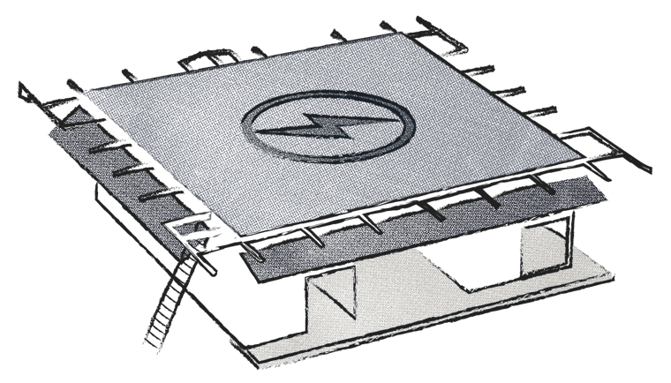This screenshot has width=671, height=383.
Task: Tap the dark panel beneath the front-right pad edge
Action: pyautogui.click(x=415, y=229)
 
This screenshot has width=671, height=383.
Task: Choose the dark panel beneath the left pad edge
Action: pyautogui.click(x=124, y=168)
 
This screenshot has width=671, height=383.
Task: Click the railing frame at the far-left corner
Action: pyautogui.click(x=40, y=97)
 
